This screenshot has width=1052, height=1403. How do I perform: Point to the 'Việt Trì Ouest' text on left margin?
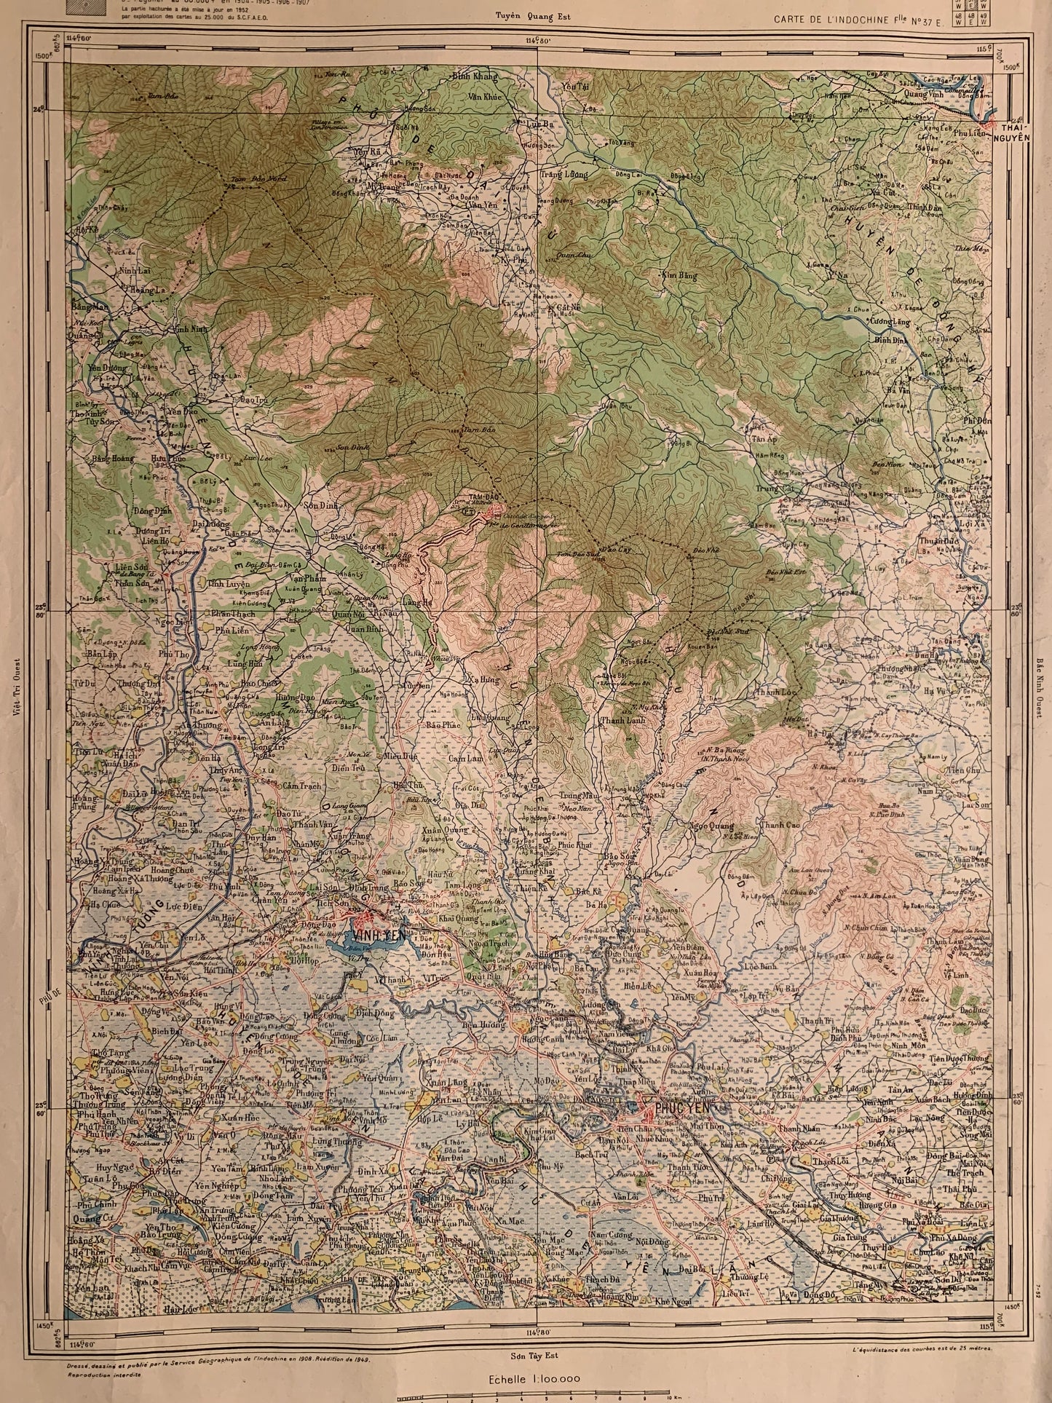click(x=16, y=688)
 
